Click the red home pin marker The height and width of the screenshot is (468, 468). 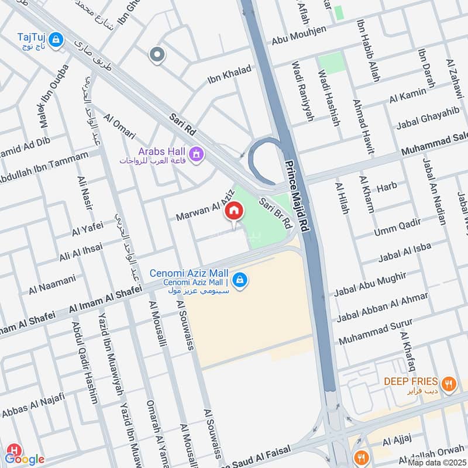[x=234, y=211]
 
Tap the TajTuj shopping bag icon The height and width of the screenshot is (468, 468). [x=56, y=40]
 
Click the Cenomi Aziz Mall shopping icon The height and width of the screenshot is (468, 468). [x=239, y=281]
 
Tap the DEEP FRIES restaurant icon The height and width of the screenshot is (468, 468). [x=449, y=384]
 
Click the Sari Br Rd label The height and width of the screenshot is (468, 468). [x=276, y=214]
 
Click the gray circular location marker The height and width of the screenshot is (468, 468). [x=157, y=56]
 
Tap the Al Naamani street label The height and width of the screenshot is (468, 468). [x=52, y=285]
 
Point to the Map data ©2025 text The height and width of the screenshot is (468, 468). [x=437, y=462]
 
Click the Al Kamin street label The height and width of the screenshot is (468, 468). [x=408, y=96]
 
